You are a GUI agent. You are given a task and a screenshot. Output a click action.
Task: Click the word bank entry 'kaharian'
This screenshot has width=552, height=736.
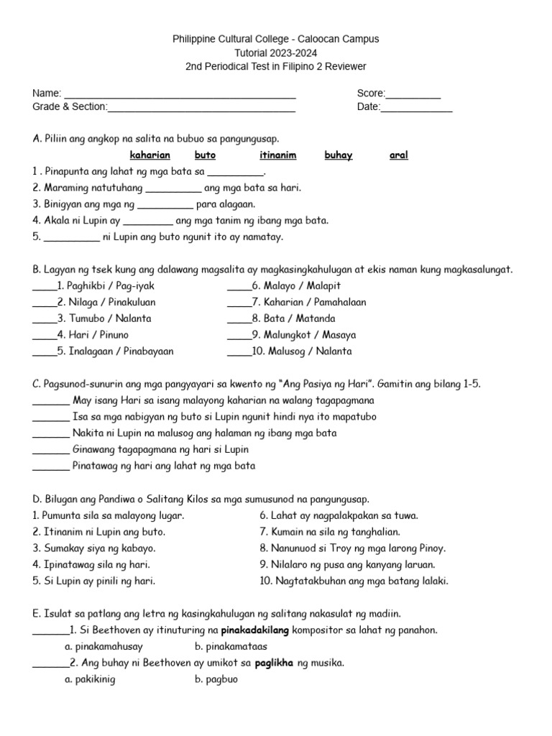click(149, 155)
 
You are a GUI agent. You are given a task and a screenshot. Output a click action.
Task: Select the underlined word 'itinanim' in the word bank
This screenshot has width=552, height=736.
click(277, 155)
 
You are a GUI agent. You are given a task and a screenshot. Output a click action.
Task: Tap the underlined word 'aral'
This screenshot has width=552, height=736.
click(398, 155)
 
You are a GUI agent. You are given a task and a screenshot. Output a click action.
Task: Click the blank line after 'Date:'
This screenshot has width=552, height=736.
click(416, 109)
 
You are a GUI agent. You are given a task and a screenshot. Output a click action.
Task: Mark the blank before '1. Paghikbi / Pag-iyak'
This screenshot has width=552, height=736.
click(44, 286)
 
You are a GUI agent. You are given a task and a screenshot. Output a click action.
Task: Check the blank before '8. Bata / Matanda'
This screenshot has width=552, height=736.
click(239, 318)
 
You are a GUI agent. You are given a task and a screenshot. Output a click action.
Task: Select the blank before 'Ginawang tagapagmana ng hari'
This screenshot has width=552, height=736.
click(51, 450)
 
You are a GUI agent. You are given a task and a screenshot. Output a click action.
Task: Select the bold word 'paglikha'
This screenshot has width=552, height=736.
click(274, 663)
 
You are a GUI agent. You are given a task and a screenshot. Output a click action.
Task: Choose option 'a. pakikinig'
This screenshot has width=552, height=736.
click(89, 679)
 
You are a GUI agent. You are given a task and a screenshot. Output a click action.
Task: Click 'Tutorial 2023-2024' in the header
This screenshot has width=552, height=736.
click(275, 52)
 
